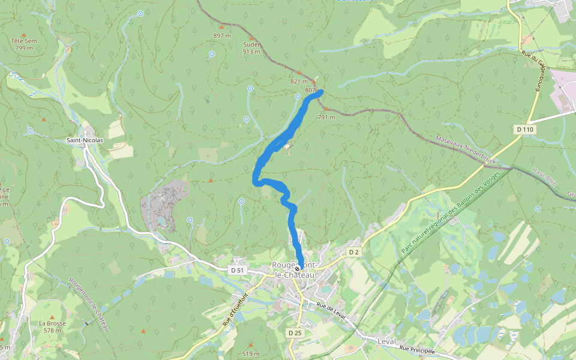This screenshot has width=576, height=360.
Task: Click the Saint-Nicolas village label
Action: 85,140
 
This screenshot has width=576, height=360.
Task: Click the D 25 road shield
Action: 294,332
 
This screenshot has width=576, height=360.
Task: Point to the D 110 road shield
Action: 524,130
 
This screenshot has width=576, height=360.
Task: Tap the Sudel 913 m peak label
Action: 251,48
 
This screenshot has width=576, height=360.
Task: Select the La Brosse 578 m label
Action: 52,326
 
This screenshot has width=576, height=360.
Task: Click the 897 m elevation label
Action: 222,36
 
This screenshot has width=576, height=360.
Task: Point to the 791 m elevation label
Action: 326,117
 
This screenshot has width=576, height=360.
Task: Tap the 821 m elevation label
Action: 298,82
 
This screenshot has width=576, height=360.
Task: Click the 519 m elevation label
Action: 250,354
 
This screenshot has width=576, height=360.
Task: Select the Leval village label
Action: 387,341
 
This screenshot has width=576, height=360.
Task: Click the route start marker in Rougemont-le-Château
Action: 298,269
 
